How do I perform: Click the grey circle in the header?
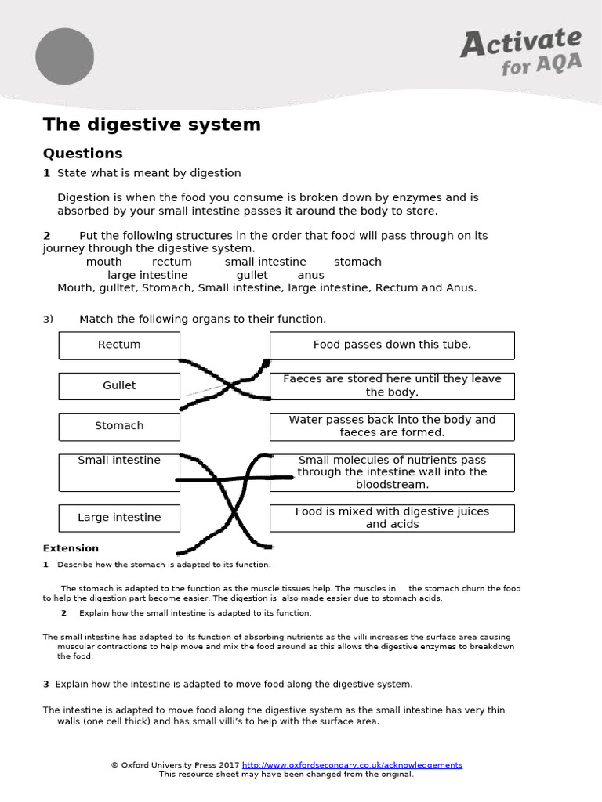pyautogui.click(x=64, y=56)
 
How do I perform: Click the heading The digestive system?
pyautogui.click(x=151, y=125)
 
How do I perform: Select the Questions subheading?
pyautogui.click(x=82, y=153)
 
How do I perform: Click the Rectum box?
pyautogui.click(x=119, y=345)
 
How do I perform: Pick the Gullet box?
pyautogui.click(x=119, y=385)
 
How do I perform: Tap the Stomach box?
pyautogui.click(x=119, y=426)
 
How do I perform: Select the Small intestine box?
pyautogui.click(x=119, y=471)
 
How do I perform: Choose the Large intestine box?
pyautogui.click(x=119, y=518)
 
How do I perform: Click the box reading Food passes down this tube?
pyautogui.click(x=392, y=345)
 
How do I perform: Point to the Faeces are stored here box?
pyautogui.click(x=392, y=385)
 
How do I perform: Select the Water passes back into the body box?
pyautogui.click(x=392, y=426)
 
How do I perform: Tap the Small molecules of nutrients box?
pyautogui.click(x=392, y=471)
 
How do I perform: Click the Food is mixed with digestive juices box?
pyautogui.click(x=392, y=518)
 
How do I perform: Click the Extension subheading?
pyautogui.click(x=71, y=548)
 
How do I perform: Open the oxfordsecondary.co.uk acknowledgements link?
pyautogui.click(x=352, y=764)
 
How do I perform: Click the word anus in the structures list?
pyautogui.click(x=310, y=275)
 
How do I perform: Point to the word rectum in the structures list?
pyautogui.click(x=172, y=262)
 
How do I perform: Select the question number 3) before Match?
pyautogui.click(x=48, y=320)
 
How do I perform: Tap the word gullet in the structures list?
pyautogui.click(x=252, y=275)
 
